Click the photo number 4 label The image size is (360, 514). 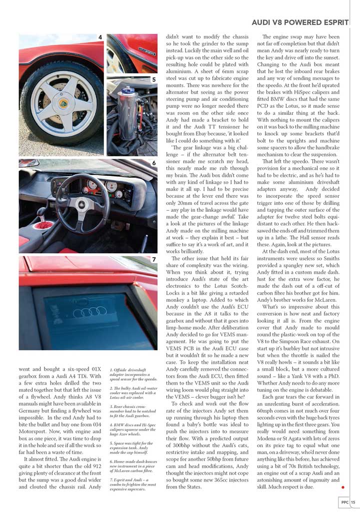tap(100, 37)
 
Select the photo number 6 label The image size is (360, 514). tap(153, 163)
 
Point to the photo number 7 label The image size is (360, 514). tap(153, 260)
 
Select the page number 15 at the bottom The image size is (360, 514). tap(353, 503)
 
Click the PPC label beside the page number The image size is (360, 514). tap(345, 503)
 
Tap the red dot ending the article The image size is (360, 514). tap(342, 486)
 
